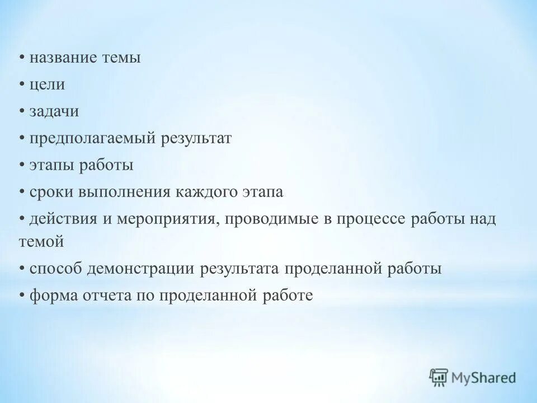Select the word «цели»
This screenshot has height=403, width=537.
[x=48, y=85]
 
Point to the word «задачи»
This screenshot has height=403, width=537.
[x=54, y=111]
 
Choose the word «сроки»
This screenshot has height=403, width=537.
[x=51, y=193]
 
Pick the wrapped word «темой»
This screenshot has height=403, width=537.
[x=37, y=242]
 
